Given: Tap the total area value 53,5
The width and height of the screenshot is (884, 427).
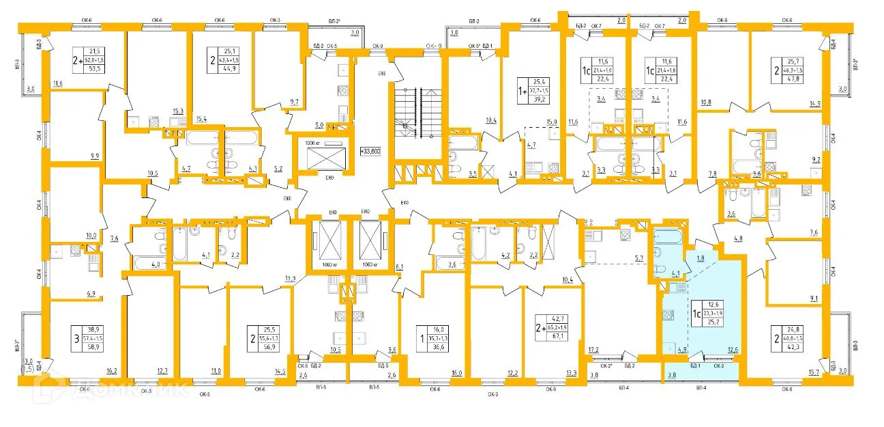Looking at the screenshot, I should pyautogui.click(x=94, y=68).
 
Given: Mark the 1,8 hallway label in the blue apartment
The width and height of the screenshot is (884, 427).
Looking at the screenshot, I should pyautogui.click(x=701, y=258).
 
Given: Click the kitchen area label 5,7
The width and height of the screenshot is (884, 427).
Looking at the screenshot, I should pyautogui.click(x=639, y=258).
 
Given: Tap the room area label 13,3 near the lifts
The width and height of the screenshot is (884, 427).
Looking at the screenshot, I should pyautogui.click(x=290, y=277).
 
